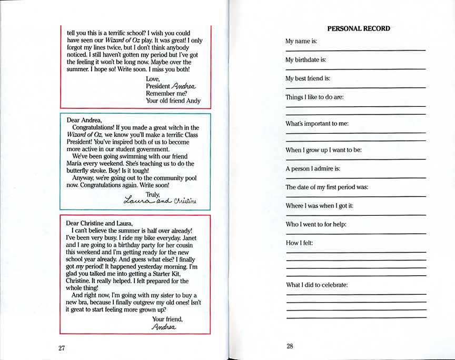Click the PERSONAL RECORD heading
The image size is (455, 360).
point(359,28)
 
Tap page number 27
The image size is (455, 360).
point(62,348)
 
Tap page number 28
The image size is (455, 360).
point(290,346)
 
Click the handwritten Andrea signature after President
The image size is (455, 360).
point(183,86)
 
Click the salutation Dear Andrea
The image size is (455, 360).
point(84,120)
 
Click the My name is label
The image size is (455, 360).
point(301,41)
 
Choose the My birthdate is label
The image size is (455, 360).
point(305,60)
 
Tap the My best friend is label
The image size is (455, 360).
point(308,78)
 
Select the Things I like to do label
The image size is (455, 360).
point(314,97)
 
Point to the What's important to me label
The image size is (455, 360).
point(317,124)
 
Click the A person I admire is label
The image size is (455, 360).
point(313,168)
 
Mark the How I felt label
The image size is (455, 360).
point(299,243)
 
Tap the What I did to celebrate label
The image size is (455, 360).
point(316,285)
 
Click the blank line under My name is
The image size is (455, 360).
point(355,50)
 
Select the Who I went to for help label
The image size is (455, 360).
point(315,224)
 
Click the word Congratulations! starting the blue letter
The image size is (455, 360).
point(97,127)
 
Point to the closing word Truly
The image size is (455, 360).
point(152,194)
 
